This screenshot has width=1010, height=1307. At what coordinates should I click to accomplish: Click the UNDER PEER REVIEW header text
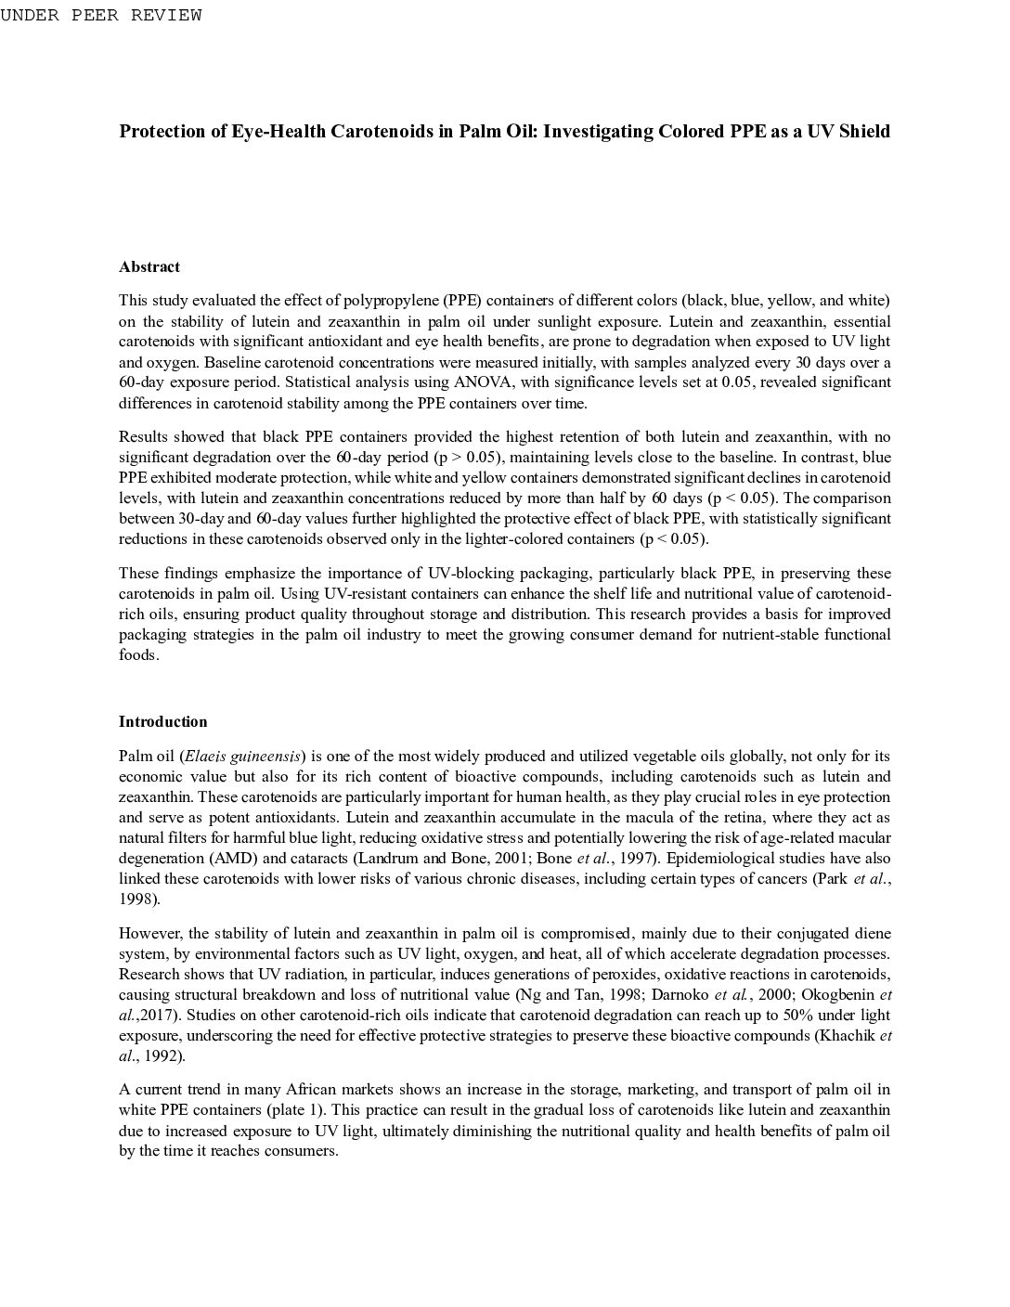point(101,15)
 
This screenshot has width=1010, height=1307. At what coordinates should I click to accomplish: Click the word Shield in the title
point(864,131)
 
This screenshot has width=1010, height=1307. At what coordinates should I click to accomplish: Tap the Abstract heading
point(149,266)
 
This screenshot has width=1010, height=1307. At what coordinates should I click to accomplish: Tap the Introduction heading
point(162,721)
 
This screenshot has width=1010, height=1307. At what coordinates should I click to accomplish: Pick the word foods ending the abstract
point(138,654)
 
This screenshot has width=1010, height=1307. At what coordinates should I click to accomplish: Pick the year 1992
point(163,1055)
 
